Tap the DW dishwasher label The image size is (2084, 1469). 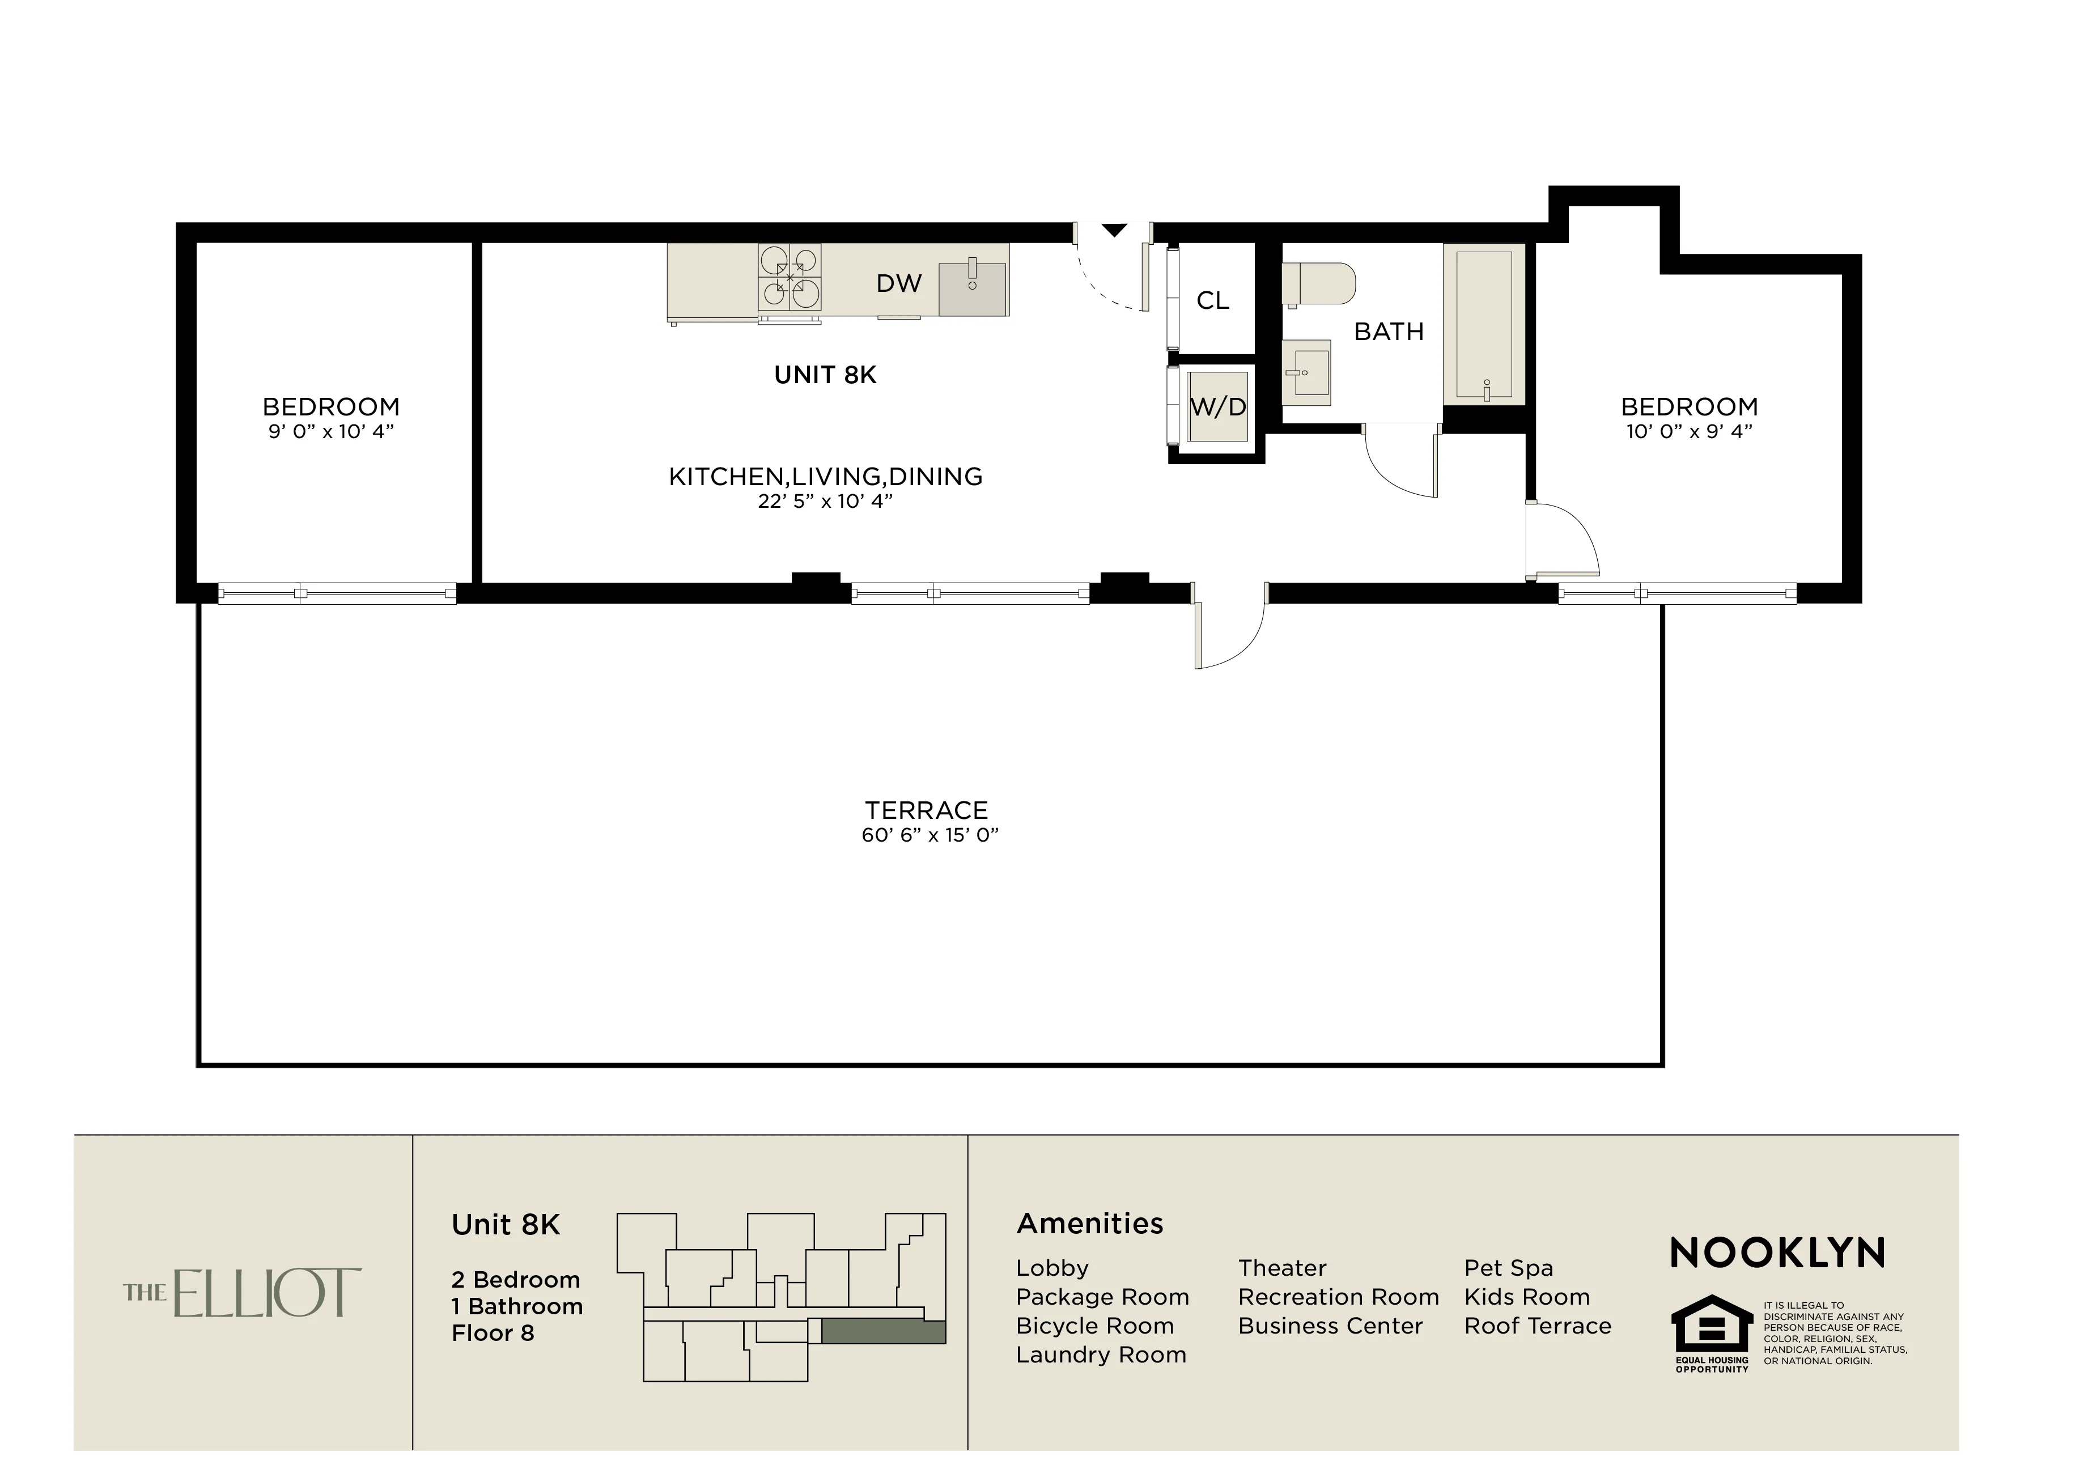coord(898,284)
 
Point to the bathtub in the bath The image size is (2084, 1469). coord(1483,324)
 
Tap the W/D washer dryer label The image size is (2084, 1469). coord(1218,407)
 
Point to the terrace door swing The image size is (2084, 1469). coord(1230,635)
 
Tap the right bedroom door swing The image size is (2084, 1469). coord(1563,540)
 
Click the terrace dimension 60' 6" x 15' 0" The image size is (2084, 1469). coord(929,835)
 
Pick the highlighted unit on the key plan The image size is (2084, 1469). coord(883,1331)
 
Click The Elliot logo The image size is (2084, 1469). coord(243,1292)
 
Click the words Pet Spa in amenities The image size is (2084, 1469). coord(1508,1268)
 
